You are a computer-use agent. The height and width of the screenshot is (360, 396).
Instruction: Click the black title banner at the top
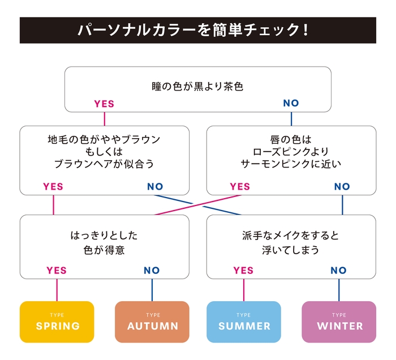tap(197, 30)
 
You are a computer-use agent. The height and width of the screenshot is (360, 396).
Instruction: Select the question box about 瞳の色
tap(197, 88)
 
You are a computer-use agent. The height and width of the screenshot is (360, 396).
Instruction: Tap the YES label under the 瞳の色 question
tap(104, 104)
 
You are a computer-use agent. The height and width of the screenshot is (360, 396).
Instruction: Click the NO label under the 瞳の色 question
tap(291, 104)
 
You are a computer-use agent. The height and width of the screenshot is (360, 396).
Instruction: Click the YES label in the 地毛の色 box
tap(53, 186)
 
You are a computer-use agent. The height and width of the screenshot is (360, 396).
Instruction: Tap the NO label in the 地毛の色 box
tap(155, 186)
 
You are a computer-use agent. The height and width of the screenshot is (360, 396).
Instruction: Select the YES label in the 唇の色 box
tap(240, 186)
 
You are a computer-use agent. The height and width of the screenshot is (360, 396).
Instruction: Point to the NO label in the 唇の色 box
tap(342, 186)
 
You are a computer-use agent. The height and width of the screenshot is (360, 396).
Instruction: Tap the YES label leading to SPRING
tap(57, 270)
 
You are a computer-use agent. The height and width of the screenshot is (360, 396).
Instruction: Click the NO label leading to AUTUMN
tap(152, 270)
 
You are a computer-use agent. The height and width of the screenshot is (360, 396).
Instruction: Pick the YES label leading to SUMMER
tap(243, 270)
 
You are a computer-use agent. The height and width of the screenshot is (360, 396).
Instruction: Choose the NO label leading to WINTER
tap(338, 270)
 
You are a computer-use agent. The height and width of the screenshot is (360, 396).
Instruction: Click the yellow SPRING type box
tap(57, 322)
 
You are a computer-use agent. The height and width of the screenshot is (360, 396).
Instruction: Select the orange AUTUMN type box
tap(152, 322)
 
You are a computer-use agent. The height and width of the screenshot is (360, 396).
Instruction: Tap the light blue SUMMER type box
tap(244, 322)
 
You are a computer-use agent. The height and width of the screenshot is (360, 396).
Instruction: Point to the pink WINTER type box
tap(339, 322)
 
